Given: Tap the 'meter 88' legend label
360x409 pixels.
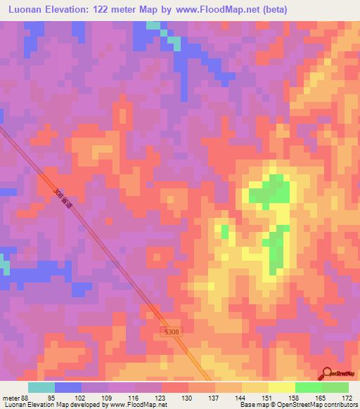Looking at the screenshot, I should pos(13,398).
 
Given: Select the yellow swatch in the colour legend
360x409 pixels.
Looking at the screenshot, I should pos(281,387).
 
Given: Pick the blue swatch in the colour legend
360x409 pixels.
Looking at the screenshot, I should pos(68,387).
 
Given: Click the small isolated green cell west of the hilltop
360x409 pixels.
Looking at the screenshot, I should pos(225,231).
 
